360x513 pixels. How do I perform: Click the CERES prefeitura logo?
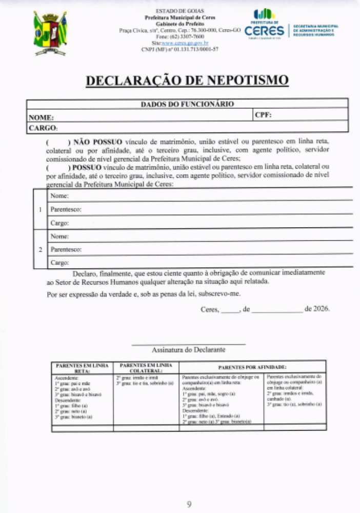point(267,26)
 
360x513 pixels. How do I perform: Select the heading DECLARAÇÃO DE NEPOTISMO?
point(187,81)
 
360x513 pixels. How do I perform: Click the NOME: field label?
point(41,117)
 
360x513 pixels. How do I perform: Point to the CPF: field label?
point(263,115)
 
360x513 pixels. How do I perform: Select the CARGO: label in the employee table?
point(43,128)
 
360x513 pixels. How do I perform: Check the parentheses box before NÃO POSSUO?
point(57,141)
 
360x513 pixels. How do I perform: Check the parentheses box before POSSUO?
point(57,167)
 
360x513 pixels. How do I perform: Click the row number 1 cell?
point(40,209)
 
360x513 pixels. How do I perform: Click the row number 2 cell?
point(40,249)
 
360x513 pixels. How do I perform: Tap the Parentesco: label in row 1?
point(66,210)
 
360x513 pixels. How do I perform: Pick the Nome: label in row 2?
point(59,236)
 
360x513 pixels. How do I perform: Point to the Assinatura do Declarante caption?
point(188,350)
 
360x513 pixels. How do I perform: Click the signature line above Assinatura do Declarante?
point(188,344)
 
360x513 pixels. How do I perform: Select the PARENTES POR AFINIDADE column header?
point(252,367)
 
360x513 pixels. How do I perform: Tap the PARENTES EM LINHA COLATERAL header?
point(146,367)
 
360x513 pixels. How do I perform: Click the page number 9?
point(189,504)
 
